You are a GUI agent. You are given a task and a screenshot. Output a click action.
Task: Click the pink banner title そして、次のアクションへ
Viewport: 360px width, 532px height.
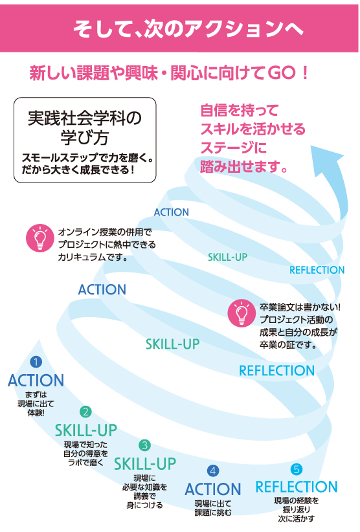[188, 28]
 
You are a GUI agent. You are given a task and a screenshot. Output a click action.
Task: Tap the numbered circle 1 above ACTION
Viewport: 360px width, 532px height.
[36, 362]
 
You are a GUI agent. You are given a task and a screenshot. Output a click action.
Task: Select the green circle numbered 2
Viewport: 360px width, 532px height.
[85, 412]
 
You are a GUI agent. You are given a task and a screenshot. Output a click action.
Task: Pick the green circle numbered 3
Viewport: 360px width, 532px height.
[145, 445]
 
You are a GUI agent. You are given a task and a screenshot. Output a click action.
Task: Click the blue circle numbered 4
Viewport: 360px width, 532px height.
[213, 471]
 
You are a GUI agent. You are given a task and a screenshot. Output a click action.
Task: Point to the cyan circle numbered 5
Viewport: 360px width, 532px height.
[296, 469]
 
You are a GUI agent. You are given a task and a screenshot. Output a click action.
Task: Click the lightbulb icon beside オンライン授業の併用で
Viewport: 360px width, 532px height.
[40, 238]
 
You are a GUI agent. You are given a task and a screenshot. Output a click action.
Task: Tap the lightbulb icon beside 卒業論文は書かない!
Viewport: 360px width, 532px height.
[242, 313]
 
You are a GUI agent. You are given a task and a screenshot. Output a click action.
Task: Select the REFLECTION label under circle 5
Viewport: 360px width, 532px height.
[296, 487]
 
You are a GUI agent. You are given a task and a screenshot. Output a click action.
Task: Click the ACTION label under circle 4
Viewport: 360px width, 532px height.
[213, 489]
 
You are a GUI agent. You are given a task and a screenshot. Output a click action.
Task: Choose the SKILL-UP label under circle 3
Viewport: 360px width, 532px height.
[145, 464]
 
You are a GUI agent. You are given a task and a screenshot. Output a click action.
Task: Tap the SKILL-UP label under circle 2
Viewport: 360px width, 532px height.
[86, 430]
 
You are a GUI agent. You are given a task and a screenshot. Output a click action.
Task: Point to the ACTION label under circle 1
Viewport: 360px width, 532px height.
[36, 381]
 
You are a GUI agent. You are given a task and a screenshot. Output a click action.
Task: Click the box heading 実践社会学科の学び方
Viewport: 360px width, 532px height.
[84, 127]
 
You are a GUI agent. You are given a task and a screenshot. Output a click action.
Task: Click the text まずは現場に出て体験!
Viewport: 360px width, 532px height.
[36, 404]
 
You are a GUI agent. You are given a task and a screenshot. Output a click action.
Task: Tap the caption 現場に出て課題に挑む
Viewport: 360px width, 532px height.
[213, 508]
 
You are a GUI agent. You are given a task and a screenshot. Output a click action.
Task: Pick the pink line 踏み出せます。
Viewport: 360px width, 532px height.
[244, 166]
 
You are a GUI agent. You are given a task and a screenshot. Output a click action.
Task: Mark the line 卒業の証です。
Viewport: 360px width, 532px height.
[288, 345]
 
